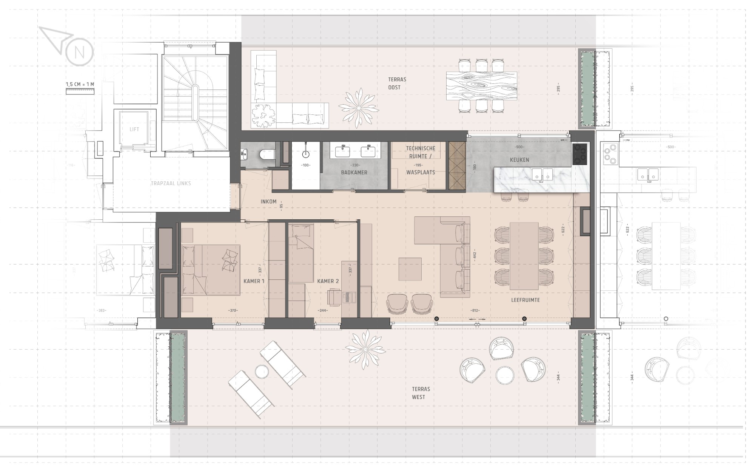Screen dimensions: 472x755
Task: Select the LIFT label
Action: (x=134, y=129)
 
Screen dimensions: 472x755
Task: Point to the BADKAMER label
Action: (x=354, y=173)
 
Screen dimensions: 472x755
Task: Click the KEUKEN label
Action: (x=519, y=160)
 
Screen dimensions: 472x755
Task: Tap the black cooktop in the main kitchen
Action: (x=579, y=154)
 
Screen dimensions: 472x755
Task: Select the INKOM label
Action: (x=268, y=202)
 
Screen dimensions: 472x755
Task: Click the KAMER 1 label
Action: (x=254, y=281)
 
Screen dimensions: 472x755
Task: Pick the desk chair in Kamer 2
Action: (x=335, y=297)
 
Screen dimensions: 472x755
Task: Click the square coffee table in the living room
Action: (x=410, y=269)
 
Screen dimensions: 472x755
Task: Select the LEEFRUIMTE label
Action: (x=525, y=300)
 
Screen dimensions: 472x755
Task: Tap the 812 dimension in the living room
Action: (x=475, y=310)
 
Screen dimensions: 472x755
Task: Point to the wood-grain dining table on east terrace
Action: (x=481, y=86)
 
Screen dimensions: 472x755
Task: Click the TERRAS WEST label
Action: (x=421, y=393)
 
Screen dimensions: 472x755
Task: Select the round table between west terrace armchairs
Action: (x=505, y=375)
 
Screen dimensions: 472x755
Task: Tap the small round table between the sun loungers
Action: (x=262, y=372)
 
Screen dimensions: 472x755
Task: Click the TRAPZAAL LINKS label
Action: (x=171, y=184)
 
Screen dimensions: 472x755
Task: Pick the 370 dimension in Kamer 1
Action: (x=233, y=310)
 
